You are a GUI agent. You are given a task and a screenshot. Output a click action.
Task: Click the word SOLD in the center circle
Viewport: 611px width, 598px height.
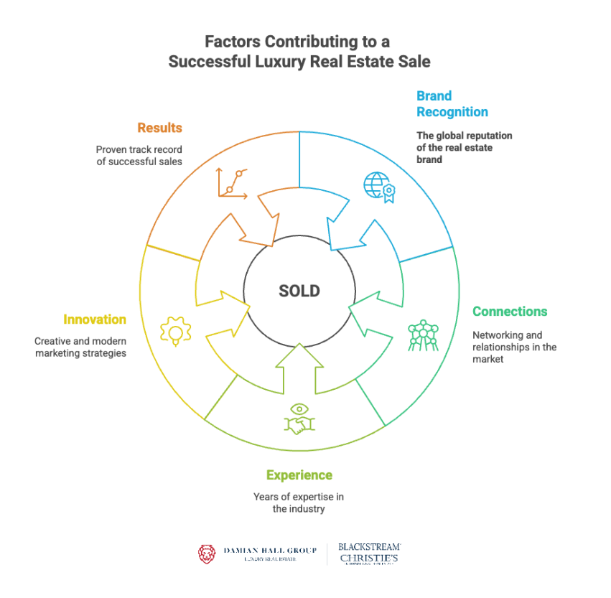pos(299,291)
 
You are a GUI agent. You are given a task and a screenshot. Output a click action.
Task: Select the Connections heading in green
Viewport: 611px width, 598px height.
pos(510,312)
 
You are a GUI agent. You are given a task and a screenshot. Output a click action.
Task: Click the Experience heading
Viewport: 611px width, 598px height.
pos(299,475)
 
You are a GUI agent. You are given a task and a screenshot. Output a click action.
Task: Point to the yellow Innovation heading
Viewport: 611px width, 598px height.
pos(95,319)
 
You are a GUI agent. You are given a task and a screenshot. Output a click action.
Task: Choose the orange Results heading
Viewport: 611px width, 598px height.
pos(159,129)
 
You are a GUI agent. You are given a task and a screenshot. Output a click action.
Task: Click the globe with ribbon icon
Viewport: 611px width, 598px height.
pos(379,186)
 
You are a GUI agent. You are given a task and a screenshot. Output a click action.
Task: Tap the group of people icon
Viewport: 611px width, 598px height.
pos(422,335)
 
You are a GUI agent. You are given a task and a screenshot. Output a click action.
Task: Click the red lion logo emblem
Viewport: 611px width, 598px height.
pos(207,553)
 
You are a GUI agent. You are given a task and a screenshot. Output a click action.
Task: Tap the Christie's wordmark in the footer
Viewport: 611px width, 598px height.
pos(370,558)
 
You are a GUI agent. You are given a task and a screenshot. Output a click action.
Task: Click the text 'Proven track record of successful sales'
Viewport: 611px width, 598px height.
pos(139,156)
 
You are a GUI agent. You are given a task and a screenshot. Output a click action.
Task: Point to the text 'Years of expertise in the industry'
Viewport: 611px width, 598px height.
pos(299,503)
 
